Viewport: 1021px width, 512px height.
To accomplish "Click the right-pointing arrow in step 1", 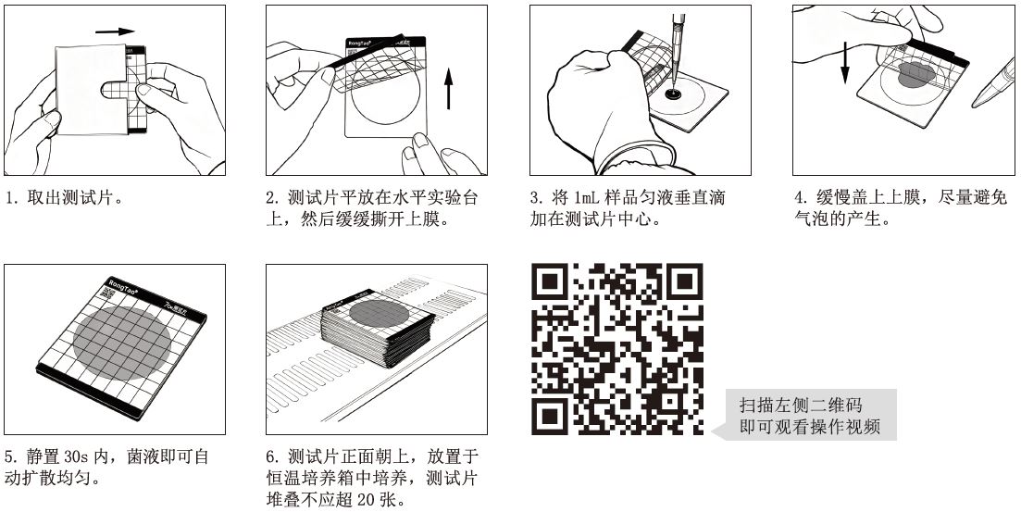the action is (115, 31).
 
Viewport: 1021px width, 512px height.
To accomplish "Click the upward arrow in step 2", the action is (448, 89).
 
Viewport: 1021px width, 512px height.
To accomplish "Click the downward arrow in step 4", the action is (844, 63).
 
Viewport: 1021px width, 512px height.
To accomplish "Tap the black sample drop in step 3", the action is (673, 95).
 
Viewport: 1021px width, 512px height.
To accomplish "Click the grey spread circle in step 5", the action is (122, 343).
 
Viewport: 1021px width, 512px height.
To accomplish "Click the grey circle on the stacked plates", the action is (379, 313).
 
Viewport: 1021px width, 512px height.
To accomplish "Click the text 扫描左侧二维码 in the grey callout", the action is (801, 406).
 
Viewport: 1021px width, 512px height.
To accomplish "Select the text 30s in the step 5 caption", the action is (78, 456).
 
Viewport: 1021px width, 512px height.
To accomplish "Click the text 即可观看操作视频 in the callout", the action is (810, 427).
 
